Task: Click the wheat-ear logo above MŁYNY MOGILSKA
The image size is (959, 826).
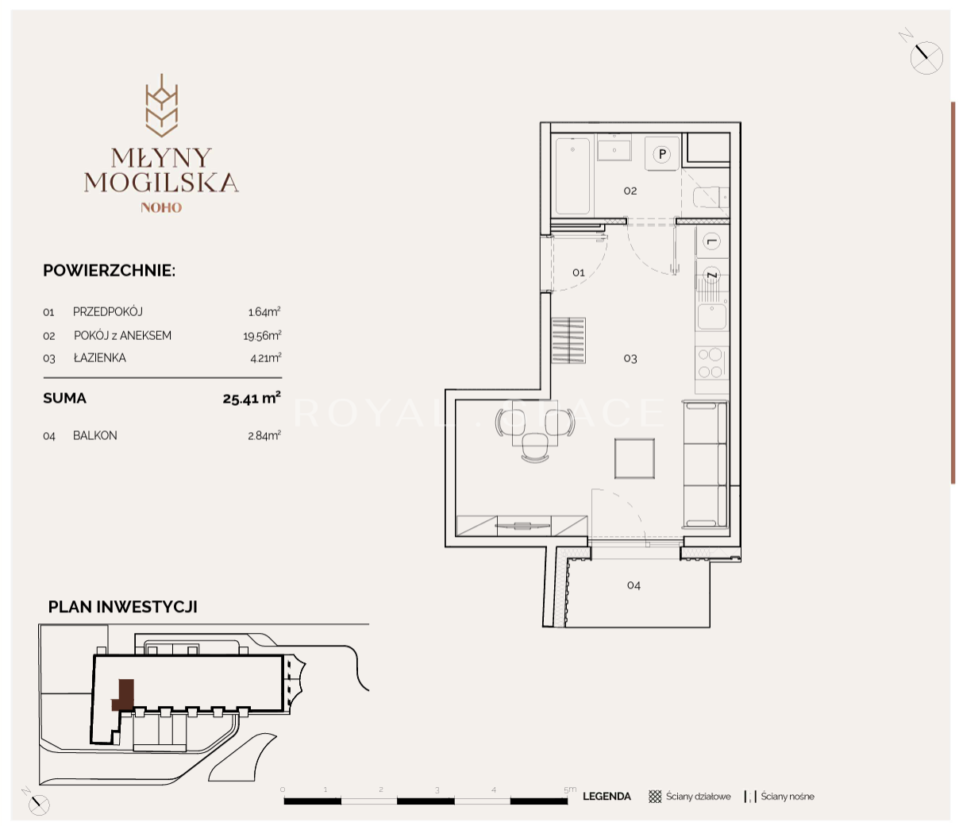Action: point(161,106)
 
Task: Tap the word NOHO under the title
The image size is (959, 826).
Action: point(161,207)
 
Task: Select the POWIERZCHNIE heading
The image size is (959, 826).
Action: point(109,271)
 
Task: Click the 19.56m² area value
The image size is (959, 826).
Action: point(262,335)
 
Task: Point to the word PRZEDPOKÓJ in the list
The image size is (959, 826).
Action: point(108,311)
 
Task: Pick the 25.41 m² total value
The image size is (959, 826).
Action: point(252,398)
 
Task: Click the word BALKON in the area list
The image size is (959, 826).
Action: point(95,435)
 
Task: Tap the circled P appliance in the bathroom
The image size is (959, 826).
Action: point(662,154)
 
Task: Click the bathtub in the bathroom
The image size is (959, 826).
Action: point(572,176)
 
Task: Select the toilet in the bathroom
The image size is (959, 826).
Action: point(711,198)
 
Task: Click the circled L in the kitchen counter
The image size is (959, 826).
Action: point(711,241)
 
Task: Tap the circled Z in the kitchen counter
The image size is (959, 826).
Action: point(711,275)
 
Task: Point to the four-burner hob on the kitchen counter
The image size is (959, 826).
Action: point(711,363)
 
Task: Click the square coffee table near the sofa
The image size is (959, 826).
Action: point(634,458)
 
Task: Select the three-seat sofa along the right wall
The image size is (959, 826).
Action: point(705,465)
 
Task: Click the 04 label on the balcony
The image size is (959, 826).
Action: point(634,585)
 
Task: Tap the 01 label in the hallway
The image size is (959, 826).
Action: point(578,272)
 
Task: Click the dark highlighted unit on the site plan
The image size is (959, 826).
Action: point(124,695)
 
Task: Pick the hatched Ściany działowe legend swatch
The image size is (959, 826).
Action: point(655,797)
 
